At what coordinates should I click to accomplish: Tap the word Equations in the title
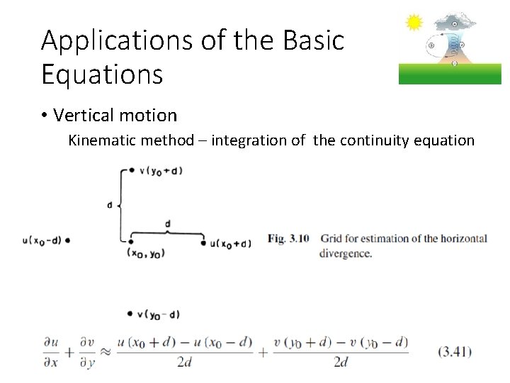click(102, 74)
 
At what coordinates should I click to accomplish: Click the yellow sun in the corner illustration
click(414, 23)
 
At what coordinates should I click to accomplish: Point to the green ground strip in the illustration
click(450, 74)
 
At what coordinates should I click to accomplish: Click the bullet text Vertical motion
click(115, 115)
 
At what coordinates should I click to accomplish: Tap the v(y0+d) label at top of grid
click(161, 170)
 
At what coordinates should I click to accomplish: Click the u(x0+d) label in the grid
click(231, 244)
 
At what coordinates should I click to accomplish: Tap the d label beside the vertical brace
click(110, 205)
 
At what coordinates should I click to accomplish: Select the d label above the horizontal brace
click(167, 224)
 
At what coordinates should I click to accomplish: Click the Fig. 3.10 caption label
click(288, 239)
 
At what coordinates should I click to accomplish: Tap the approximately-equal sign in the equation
click(104, 351)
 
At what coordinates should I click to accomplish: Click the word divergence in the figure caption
click(345, 253)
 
